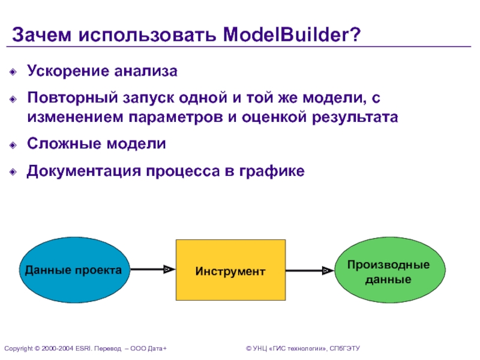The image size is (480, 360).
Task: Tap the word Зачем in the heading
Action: [x=40, y=34]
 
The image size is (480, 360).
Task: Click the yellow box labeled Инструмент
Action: [x=230, y=271]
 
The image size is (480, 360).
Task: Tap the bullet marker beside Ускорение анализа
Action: [x=14, y=73]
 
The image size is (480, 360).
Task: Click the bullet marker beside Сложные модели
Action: [x=14, y=145]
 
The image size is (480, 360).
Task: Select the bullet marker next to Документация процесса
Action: [x=14, y=172]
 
